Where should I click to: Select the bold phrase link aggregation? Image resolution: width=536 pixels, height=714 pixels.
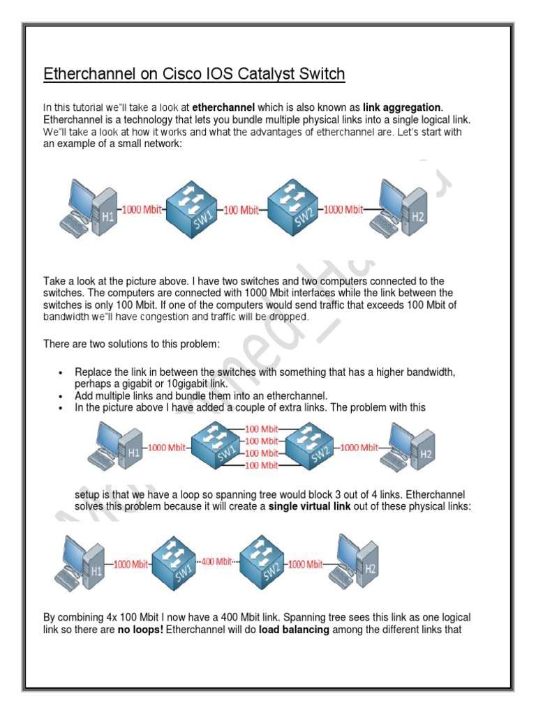click(x=401, y=107)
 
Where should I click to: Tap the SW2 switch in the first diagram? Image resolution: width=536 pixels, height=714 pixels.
click(x=292, y=206)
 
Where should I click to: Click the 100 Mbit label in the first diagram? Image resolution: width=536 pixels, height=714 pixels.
click(x=241, y=209)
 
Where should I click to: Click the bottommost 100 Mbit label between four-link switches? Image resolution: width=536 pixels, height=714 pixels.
click(x=261, y=464)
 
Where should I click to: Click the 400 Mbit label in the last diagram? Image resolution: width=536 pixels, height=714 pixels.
click(x=216, y=561)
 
